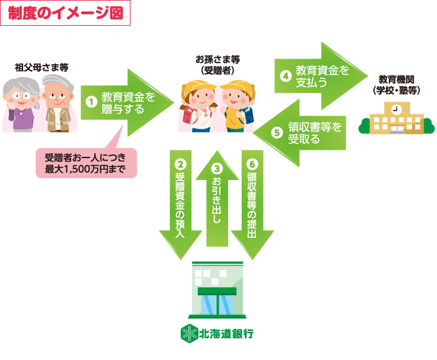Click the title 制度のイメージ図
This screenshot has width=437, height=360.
pyautogui.click(x=65, y=14)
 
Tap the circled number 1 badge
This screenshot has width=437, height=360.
pyautogui.click(x=91, y=102)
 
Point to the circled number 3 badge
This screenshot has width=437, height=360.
pyautogui.click(x=217, y=169)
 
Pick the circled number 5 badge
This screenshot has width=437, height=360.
pyautogui.click(x=277, y=132)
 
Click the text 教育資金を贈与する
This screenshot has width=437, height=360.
pyautogui.click(x=128, y=102)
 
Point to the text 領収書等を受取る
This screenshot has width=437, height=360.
pyautogui.click(x=314, y=132)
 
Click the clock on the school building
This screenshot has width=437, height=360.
pyautogui.click(x=396, y=109)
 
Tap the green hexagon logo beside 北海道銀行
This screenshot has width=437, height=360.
pyautogui.click(x=188, y=334)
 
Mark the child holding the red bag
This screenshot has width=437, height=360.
pyautogui.click(x=198, y=106)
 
